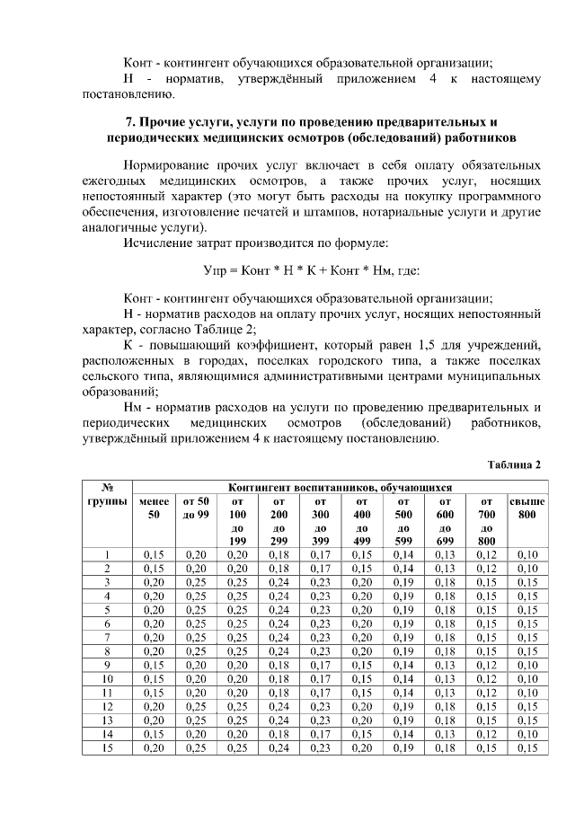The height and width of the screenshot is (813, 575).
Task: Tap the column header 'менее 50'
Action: (x=153, y=508)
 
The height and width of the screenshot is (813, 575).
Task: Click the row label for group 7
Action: (x=107, y=637)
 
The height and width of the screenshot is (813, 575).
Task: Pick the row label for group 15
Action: (x=107, y=747)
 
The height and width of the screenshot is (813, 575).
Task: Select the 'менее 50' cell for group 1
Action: (x=153, y=554)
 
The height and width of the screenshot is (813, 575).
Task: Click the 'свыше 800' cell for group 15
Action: (x=527, y=747)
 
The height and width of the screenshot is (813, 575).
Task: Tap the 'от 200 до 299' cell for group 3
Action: (x=279, y=582)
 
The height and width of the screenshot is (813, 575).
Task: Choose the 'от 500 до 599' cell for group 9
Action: (x=404, y=665)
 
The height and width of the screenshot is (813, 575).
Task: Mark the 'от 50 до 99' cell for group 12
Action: (x=195, y=706)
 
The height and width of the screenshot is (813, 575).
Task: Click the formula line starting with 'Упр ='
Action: (x=311, y=270)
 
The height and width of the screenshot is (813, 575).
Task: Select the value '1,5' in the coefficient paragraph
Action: (x=428, y=344)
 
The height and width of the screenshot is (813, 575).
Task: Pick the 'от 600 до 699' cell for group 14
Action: (x=446, y=734)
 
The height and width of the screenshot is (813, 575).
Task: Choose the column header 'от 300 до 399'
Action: (x=321, y=520)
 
